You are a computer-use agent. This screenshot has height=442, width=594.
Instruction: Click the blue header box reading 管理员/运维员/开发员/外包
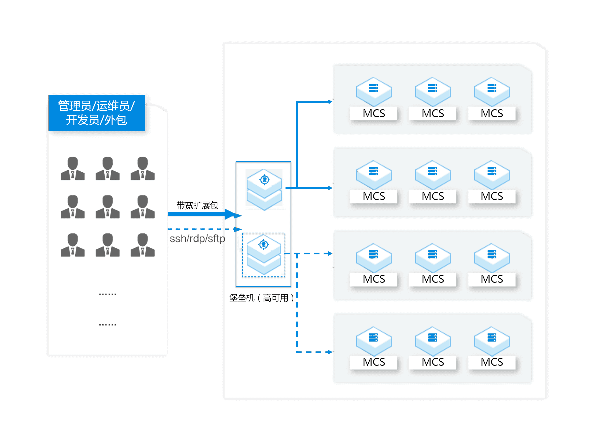96,113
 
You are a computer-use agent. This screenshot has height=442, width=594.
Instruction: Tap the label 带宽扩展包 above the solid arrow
197,205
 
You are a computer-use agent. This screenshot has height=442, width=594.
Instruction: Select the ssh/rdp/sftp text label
197,238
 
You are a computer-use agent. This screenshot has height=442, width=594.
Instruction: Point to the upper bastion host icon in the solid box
264,189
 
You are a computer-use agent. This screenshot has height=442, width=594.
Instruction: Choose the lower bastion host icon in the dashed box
264,255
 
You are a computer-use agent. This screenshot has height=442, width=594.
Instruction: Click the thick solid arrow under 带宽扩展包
205,214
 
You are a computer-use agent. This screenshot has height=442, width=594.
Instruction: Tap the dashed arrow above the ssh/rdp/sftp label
205,229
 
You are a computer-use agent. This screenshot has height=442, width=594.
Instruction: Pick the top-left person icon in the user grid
73,168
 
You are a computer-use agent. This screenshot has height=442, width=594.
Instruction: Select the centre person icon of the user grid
108,207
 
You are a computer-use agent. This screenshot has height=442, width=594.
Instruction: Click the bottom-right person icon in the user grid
142,245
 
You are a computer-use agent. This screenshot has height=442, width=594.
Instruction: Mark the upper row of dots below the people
107,294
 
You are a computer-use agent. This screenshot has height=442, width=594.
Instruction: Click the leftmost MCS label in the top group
374,113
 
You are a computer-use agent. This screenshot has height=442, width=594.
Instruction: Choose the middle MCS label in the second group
433,196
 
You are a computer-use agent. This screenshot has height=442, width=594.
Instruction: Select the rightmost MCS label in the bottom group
492,362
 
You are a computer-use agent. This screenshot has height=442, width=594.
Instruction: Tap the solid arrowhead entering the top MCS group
330,102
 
